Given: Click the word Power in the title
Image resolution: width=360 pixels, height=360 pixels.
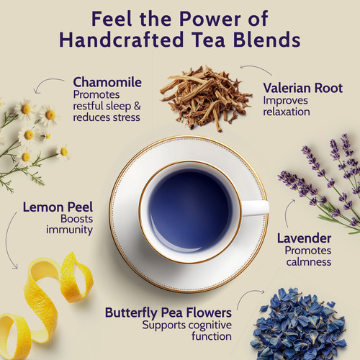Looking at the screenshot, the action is (x=210, y=19).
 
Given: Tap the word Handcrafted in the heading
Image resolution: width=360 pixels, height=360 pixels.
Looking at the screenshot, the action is (x=122, y=40).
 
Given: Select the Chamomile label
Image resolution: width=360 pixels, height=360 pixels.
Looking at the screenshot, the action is (x=107, y=82).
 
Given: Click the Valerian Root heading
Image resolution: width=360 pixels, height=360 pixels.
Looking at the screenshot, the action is (x=303, y=88).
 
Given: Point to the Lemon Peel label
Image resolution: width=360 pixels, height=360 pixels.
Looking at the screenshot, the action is (x=58, y=207).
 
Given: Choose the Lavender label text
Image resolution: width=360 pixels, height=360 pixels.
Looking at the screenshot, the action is (x=305, y=238).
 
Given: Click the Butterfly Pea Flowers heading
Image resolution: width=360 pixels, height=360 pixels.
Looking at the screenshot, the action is (x=168, y=312).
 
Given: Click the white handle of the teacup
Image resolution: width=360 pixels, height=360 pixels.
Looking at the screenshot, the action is (x=255, y=207).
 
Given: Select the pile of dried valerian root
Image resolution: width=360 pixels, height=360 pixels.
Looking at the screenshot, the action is (x=205, y=99).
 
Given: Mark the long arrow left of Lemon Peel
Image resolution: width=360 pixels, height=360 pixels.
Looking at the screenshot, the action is (x=7, y=240).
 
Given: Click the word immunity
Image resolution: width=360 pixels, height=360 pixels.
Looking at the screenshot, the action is (x=69, y=230).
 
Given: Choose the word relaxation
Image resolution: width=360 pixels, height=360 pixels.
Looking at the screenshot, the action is (x=287, y=112).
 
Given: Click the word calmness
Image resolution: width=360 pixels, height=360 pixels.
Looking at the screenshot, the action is (x=309, y=262).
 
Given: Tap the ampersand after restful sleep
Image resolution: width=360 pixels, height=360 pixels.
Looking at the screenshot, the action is (x=138, y=106).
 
